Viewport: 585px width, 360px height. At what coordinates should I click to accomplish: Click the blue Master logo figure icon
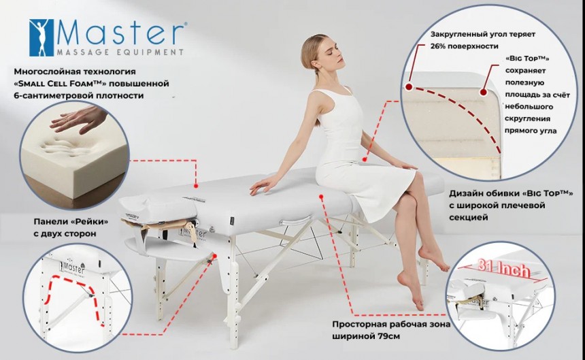coord(41,37)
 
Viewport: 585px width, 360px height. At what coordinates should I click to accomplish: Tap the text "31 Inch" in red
coord(503,267)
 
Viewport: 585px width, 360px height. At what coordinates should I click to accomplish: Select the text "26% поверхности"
coord(464,46)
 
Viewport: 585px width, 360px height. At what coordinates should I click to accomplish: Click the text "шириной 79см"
coord(366,336)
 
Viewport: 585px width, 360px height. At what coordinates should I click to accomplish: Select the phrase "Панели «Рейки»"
coord(71,222)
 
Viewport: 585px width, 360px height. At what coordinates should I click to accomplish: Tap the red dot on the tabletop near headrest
coord(195,185)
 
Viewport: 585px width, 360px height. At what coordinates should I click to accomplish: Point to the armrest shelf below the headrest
coord(167,246)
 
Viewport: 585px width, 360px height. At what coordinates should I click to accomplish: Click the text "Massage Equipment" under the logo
coord(120,52)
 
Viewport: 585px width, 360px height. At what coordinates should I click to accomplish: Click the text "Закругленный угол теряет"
coord(483,34)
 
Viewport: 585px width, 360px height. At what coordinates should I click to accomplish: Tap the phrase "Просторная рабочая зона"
coord(391,324)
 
